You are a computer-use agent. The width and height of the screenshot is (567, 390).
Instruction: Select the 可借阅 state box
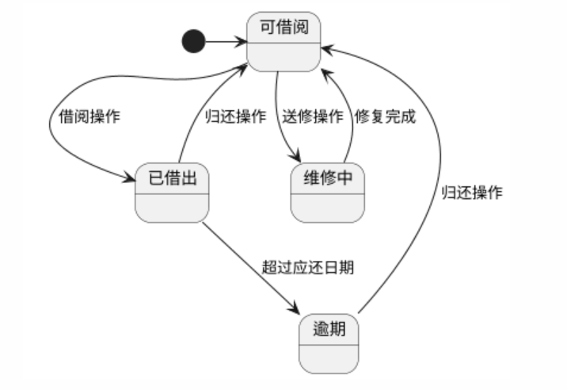tap(283, 41)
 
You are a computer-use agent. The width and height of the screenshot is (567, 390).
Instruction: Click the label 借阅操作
tap(90, 116)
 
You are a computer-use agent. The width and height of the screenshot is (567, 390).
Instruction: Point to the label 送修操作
tap(313, 116)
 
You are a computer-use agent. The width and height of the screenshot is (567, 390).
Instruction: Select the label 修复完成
tap(385, 116)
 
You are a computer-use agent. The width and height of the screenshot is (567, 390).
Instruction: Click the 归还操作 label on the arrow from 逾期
tap(471, 193)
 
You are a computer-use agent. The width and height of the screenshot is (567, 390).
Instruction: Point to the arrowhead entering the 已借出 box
tap(130, 181)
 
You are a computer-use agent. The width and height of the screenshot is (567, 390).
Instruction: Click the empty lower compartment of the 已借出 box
tap(172, 208)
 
